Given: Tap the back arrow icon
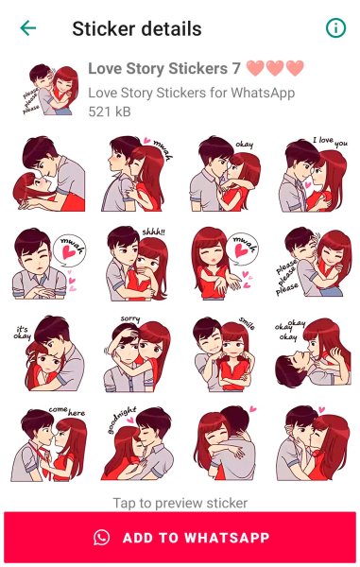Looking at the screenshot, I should pyautogui.click(x=28, y=28).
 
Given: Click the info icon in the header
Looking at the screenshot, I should pyautogui.click(x=335, y=28).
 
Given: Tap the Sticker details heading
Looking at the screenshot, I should pyautogui.click(x=137, y=28).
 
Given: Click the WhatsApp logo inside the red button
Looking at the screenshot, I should pyautogui.click(x=102, y=537).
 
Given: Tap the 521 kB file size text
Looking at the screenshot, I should pyautogui.click(x=109, y=112).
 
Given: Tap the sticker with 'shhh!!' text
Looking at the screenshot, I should pyautogui.click(x=135, y=263).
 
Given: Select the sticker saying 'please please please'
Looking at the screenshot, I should pyautogui.click(x=314, y=263).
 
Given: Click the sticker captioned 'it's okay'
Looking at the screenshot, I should pyautogui.click(x=47, y=352).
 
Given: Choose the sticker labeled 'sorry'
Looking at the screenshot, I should pyautogui.click(x=135, y=352).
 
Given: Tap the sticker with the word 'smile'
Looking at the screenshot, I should pyautogui.click(x=225, y=352).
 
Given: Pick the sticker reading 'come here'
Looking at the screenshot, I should pyautogui.click(x=47, y=442).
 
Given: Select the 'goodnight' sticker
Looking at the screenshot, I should pyautogui.click(x=135, y=442).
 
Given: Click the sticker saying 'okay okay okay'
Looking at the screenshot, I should pyautogui.click(x=314, y=352).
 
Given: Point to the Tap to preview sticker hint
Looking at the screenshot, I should pyautogui.click(x=180, y=503).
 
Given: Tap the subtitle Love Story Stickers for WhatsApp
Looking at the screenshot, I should pyautogui.click(x=191, y=93).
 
